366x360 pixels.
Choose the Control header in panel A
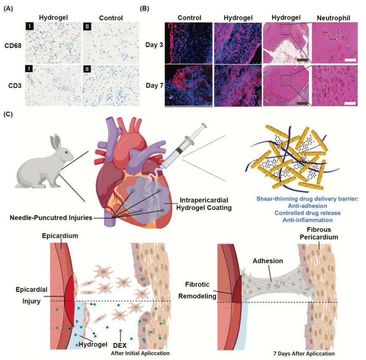tap(110, 18)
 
